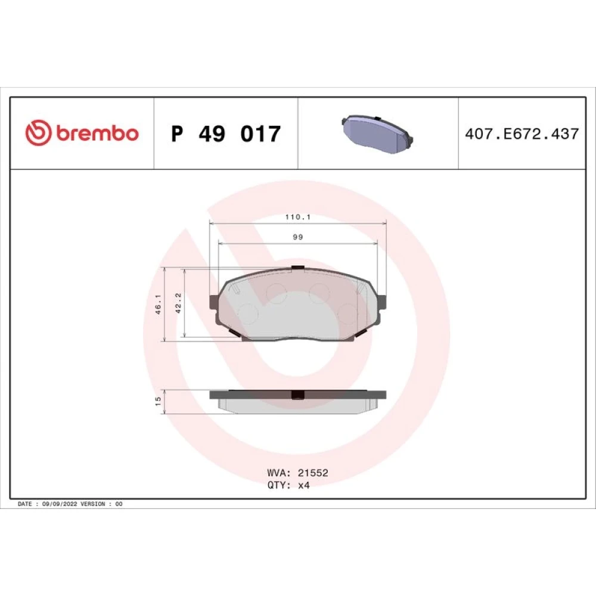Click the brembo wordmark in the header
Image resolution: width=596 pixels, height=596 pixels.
[x=98, y=134]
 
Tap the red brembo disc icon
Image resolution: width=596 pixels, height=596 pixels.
[x=38, y=133]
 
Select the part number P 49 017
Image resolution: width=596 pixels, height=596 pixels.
[x=226, y=134]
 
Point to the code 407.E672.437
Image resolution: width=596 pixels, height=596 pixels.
[x=522, y=134]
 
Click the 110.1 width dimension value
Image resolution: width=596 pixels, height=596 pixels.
[x=298, y=217]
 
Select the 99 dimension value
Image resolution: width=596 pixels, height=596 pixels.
[x=298, y=237]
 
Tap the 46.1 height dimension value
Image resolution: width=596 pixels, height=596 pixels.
[x=159, y=304]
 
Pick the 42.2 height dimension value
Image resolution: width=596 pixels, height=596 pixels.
[x=178, y=303]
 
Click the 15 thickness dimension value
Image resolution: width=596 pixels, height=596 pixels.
[x=158, y=401]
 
